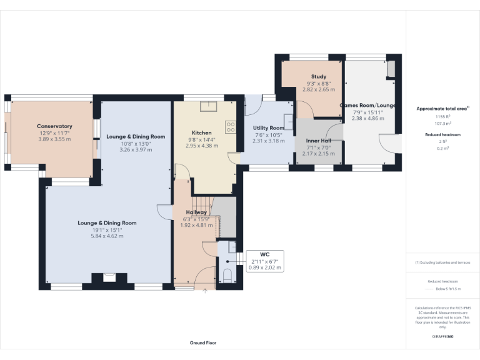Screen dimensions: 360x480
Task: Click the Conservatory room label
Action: click(x=54, y=126)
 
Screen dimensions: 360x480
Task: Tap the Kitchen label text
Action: click(x=202, y=133)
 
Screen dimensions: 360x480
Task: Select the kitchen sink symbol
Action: click(x=207, y=106)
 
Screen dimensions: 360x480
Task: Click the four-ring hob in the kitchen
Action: click(x=230, y=126)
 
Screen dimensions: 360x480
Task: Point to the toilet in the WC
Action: click(x=227, y=275)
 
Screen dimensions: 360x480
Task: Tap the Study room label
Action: click(x=319, y=77)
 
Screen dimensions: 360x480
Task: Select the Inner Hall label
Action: click(x=318, y=141)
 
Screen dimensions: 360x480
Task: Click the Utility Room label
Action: click(x=268, y=127)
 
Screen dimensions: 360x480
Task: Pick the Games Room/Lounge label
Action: click(x=367, y=106)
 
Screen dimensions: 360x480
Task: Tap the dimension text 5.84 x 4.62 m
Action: click(x=107, y=236)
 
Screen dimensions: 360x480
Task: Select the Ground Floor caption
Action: click(x=203, y=342)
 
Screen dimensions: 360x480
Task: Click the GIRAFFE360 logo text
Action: click(x=442, y=337)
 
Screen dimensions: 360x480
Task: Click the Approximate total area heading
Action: click(x=441, y=109)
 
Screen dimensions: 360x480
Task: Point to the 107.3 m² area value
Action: click(x=442, y=123)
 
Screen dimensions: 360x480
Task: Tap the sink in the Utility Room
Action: click(x=289, y=120)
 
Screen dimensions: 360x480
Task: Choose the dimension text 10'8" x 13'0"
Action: click(x=136, y=144)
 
